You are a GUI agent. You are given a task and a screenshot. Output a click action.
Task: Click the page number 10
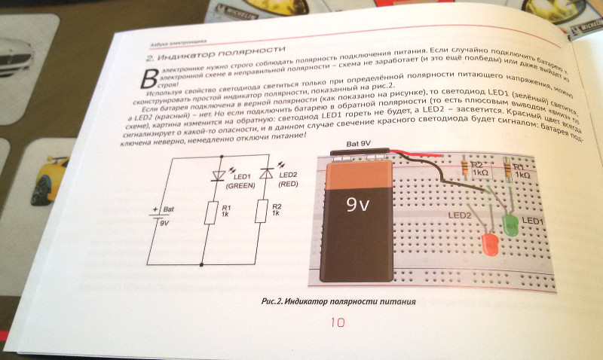point(337,322)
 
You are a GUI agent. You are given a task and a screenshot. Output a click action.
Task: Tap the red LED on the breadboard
point(488,243)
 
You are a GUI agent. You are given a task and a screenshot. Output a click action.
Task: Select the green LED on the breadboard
point(510,224)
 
